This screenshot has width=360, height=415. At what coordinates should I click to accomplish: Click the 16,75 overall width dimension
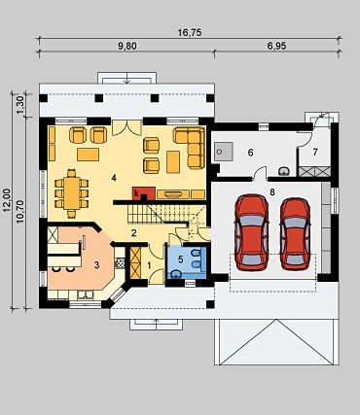[190, 33]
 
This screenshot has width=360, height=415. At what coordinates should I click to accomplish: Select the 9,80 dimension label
[127, 47]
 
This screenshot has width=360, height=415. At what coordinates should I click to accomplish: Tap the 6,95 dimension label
[276, 47]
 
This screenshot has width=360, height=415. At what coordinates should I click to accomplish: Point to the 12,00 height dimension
[7, 201]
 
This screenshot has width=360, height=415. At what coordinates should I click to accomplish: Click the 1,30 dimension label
[20, 105]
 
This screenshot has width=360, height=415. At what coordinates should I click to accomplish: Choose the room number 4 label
[113, 178]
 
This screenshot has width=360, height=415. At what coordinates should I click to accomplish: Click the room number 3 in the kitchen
[96, 264]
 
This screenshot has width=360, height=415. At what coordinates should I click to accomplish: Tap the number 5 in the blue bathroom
[181, 259]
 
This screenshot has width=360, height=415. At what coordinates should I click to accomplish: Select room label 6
[250, 153]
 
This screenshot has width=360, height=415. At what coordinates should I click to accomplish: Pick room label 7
[315, 152]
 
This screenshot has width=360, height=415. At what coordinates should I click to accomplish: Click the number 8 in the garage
[272, 192]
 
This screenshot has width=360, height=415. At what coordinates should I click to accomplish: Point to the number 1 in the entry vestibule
[149, 265]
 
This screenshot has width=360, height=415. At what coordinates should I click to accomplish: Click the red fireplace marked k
[144, 193]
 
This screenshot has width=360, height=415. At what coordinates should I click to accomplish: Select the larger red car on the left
[252, 232]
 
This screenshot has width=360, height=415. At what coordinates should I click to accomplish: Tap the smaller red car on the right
[296, 234]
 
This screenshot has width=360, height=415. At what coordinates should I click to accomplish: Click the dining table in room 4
[72, 193]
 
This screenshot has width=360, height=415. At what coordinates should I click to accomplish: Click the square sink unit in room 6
[223, 152]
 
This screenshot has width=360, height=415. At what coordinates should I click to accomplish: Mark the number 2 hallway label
[133, 233]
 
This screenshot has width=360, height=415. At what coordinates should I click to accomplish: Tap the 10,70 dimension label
[20, 212]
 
